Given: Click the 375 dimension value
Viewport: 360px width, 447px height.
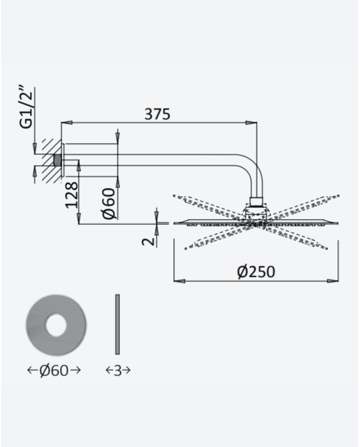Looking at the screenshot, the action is coord(157,114).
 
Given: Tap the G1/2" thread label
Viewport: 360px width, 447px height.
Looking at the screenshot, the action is coord(26,106).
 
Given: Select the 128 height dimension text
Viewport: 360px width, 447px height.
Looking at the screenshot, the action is coord(71,195).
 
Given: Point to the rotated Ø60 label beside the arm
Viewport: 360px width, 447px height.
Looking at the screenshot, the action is coord(109,204).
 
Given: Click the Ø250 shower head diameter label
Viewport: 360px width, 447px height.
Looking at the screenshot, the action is coord(256,272).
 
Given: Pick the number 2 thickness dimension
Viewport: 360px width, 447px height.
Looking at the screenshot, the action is coord(148,241).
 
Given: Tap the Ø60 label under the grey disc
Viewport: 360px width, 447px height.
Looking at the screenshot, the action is coord(54,370).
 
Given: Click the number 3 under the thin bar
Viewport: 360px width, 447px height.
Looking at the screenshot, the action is coord(118,370).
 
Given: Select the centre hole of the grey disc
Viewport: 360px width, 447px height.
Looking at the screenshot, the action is coord(56,325).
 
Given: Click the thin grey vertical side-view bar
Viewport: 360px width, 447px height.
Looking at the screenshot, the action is coord(117,325).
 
